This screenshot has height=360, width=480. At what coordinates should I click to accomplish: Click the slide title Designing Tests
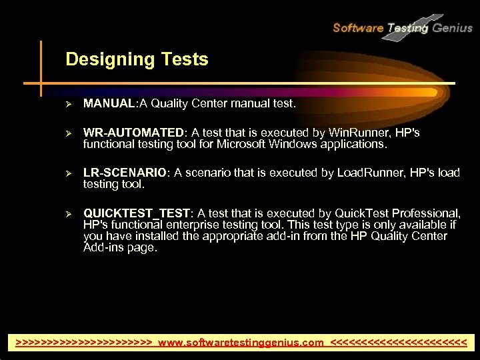tap(137, 59)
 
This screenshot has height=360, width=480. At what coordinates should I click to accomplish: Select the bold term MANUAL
tap(109, 103)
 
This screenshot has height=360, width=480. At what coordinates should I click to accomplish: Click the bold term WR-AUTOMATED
tap(133, 133)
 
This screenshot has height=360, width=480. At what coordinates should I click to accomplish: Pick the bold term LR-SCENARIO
tap(125, 172)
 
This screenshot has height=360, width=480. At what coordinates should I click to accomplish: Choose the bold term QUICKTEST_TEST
tap(137, 213)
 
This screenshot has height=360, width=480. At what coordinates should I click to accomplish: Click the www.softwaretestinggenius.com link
tap(241, 343)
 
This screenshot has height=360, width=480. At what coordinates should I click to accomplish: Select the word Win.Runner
tap(355, 133)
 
